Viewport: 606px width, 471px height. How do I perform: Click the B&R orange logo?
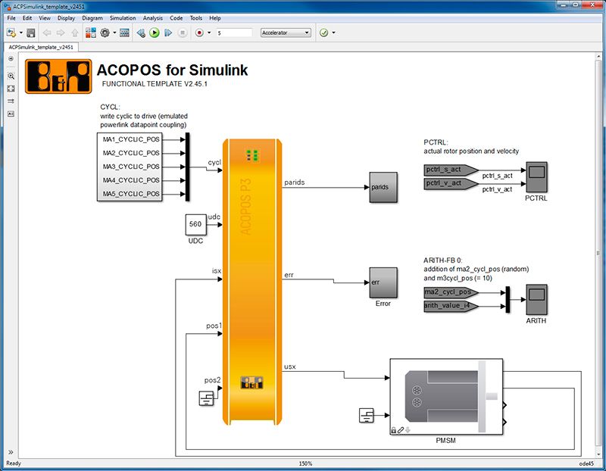pyautogui.click(x=58, y=76)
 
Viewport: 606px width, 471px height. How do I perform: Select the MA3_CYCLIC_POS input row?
pyautogui.click(x=131, y=167)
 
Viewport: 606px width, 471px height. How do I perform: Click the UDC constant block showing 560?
pyautogui.click(x=195, y=225)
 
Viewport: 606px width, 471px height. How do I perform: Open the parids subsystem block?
pyautogui.click(x=383, y=187)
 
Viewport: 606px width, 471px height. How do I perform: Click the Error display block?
pyautogui.click(x=383, y=282)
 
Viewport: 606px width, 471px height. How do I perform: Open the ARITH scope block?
pyautogui.click(x=537, y=300)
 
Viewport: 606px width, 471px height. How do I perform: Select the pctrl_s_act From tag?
pyautogui.click(x=449, y=170)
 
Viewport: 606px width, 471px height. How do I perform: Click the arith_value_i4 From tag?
pyautogui.click(x=449, y=306)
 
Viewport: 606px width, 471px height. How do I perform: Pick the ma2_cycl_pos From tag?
pyautogui.click(x=449, y=292)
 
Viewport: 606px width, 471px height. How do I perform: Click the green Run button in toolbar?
pyautogui.click(x=155, y=33)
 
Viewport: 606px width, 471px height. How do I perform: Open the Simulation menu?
pyautogui.click(x=122, y=17)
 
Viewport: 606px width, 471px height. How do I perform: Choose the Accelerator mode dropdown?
pyautogui.click(x=286, y=33)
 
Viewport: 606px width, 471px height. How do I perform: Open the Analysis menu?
pyautogui.click(x=152, y=17)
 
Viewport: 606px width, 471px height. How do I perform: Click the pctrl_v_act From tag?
pyautogui.click(x=449, y=183)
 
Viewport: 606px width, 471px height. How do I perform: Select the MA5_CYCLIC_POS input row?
pyautogui.click(x=131, y=194)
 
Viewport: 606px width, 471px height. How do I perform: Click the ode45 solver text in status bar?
pyautogui.click(x=587, y=463)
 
